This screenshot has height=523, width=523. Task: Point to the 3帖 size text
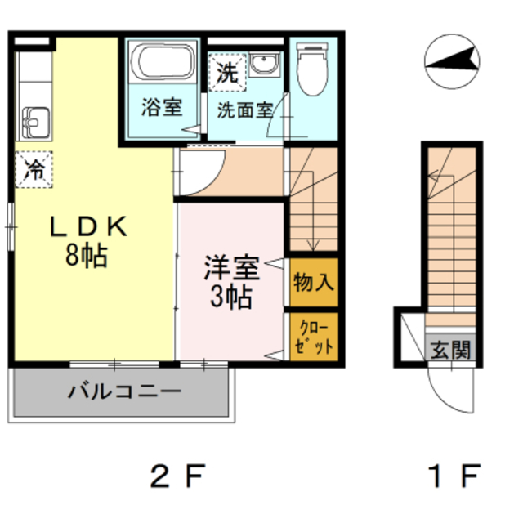click(x=230, y=297)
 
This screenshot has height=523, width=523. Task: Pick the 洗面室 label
click(x=244, y=110)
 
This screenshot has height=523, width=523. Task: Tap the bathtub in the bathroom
click(x=162, y=63)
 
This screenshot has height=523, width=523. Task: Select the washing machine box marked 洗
click(x=227, y=72)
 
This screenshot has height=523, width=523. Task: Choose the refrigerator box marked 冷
click(x=34, y=170)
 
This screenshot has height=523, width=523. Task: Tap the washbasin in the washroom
click(x=263, y=65)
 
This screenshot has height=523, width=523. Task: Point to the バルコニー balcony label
click(x=124, y=391)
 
